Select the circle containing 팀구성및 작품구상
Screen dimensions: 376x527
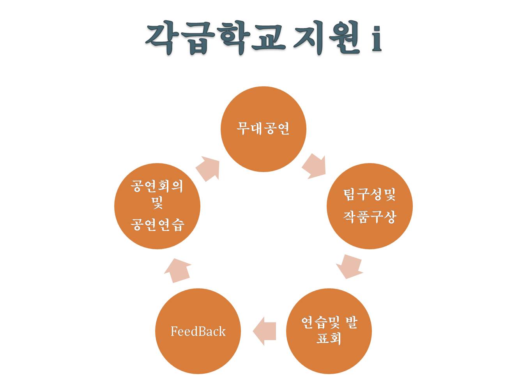coord(370,234)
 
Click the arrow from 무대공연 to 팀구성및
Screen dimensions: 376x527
coord(314,166)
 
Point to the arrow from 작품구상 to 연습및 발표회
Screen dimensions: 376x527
coord(349,266)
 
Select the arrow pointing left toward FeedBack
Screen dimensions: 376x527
coord(265,331)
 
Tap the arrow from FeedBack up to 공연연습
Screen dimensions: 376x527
coord(178,270)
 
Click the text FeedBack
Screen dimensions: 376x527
coord(198,332)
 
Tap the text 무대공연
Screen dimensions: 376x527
coord(263,128)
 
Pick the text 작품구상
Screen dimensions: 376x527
coord(370,216)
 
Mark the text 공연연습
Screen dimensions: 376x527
coord(157,224)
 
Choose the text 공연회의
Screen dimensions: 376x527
coord(157,186)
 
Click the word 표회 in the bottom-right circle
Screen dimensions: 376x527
coord(329,338)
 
